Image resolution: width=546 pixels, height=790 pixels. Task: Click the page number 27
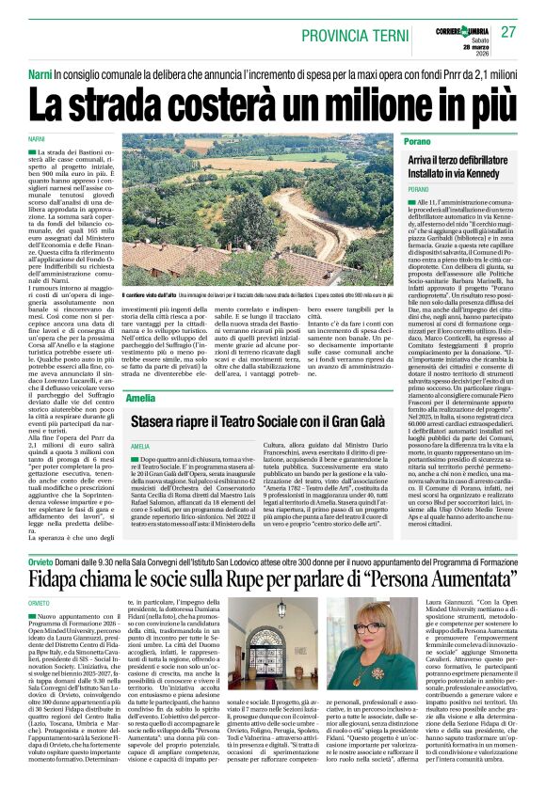coord(509,32)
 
